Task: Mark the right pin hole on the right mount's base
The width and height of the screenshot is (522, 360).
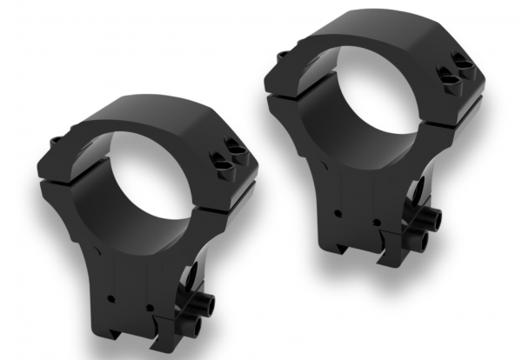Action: click(377, 220)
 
